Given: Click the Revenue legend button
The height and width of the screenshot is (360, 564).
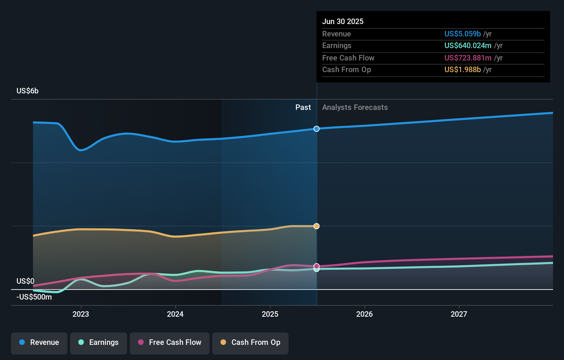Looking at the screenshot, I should (39, 342).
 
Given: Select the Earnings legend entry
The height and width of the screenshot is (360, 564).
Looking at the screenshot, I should (99, 342).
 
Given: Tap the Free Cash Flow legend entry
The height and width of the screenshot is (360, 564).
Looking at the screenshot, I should (170, 342).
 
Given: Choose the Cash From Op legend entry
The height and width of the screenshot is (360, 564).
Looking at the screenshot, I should (250, 342).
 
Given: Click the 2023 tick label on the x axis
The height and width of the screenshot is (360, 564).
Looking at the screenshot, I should (81, 314).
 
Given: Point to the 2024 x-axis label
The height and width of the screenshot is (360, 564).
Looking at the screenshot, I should (175, 314).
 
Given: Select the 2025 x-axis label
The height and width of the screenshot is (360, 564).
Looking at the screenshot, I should (270, 314).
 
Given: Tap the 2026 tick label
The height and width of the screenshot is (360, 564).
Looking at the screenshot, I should (364, 314).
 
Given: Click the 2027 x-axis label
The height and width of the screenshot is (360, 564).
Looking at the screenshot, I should (459, 314).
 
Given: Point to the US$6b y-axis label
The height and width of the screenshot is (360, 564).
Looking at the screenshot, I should (27, 91).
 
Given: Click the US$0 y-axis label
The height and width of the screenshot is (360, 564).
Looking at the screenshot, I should (25, 281).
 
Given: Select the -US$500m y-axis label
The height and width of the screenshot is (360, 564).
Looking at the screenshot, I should (34, 297).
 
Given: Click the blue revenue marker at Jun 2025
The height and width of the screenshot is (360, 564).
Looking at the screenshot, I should (317, 129).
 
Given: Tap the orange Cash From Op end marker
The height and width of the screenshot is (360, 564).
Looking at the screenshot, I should (317, 226).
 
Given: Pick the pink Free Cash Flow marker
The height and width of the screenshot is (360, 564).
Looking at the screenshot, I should (317, 266).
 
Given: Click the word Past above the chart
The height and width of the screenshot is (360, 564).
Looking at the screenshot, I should (303, 108).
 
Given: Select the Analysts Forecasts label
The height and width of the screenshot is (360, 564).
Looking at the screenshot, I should (355, 108).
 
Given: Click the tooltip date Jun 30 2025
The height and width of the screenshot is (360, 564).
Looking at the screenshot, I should (343, 21).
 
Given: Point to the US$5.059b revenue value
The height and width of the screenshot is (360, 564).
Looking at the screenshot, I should (462, 34).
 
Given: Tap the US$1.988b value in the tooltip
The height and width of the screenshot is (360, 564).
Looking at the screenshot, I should (462, 70).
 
